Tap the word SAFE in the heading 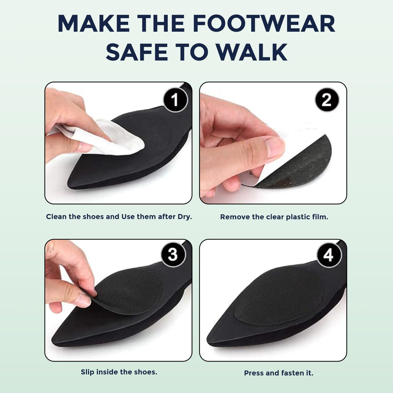point(137,52)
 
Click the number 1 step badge point(175,100)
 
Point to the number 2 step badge point(326,100)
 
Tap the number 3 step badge point(173,254)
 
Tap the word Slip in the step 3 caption point(87,372)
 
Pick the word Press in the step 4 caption point(254,373)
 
